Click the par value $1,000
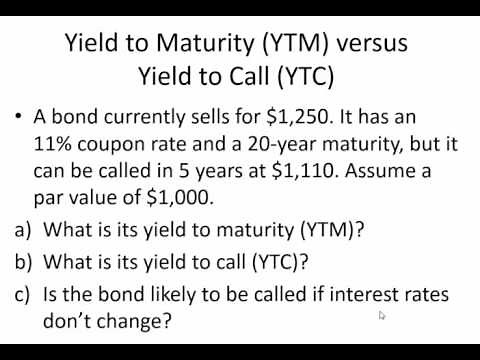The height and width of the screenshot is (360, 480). point(182,196)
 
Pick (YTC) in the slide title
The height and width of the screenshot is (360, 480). point(300,76)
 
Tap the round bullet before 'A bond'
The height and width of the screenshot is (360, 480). point(20,119)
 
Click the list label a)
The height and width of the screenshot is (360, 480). point(23,229)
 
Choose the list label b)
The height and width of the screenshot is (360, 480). point(23,262)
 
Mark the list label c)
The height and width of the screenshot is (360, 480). point(23,294)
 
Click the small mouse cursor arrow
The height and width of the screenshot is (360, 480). point(382,316)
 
